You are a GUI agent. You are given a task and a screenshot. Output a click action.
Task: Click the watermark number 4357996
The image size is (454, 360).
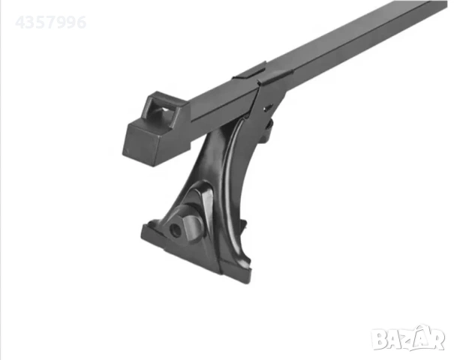point(51,22)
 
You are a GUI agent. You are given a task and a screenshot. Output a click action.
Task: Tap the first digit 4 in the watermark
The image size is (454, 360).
point(20,22)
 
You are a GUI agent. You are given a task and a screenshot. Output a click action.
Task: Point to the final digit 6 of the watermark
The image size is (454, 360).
point(81,22)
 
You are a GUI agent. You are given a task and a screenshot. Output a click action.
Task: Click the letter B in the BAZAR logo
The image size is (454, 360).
point(379,339)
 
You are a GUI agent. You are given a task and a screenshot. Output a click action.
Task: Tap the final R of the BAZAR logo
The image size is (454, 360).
point(436,339)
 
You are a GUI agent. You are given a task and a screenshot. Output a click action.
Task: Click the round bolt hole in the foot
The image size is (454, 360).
point(175,229)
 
